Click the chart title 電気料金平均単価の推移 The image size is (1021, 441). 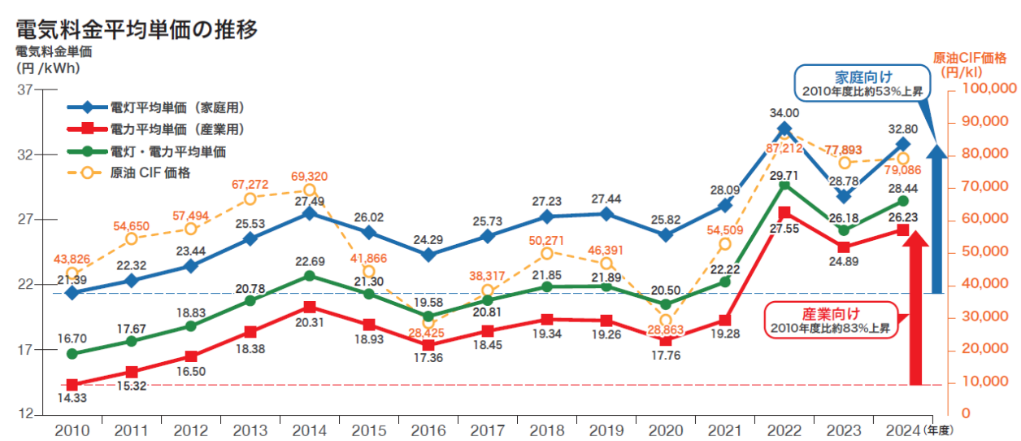pyautogui.click(x=137, y=29)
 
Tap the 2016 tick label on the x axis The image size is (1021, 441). pyautogui.click(x=428, y=430)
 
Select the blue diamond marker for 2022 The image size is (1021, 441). pyautogui.click(x=784, y=129)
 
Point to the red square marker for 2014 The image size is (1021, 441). pyautogui.click(x=310, y=308)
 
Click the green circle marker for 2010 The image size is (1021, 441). pyautogui.click(x=72, y=354)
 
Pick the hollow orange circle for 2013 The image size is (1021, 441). pyautogui.click(x=250, y=199)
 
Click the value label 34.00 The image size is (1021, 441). pyautogui.click(x=784, y=112)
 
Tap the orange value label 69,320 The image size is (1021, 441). pyautogui.click(x=310, y=176)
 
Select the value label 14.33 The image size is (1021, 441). pyautogui.click(x=72, y=398)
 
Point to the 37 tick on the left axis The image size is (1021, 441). pyautogui.click(x=25, y=90)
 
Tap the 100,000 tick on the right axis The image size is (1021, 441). pyautogui.click(x=989, y=88)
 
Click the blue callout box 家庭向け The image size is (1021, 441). pyautogui.click(x=862, y=83)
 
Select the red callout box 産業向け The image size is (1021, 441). pyautogui.click(x=831, y=320)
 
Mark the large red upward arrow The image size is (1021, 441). pyautogui.click(x=915, y=308)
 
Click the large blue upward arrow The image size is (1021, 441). pyautogui.click(x=937, y=218)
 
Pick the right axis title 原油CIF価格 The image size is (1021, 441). pyautogui.click(x=970, y=65)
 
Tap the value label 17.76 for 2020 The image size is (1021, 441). pyautogui.click(x=666, y=356)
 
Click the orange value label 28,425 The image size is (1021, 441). pyautogui.click(x=426, y=333)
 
